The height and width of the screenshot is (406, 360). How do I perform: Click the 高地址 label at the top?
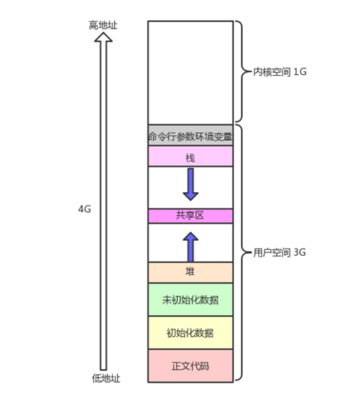[103, 25]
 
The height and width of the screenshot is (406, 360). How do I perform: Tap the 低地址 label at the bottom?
[106, 379]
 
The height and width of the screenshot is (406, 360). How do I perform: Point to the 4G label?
[84, 209]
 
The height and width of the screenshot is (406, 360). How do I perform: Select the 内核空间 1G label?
[279, 72]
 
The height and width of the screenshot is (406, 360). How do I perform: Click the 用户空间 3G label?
[279, 253]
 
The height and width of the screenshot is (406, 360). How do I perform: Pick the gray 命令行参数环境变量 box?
[190, 136]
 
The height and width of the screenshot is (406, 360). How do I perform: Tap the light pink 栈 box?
[190, 157]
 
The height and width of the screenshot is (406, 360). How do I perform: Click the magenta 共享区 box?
[190, 216]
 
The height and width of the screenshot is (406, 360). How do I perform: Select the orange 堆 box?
[190, 272]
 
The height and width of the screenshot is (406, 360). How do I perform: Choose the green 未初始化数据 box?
[190, 300]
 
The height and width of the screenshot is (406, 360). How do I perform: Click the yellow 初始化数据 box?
[190, 332]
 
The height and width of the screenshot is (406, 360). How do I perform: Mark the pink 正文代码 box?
[190, 366]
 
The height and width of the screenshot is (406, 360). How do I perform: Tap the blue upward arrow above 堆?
[190, 247]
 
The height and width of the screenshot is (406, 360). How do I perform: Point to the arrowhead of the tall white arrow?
[103, 38]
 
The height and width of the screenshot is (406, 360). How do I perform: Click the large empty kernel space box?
[190, 73]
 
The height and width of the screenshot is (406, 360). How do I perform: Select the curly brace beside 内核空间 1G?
[240, 72]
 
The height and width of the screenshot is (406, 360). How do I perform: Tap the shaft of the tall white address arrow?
[103, 209]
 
